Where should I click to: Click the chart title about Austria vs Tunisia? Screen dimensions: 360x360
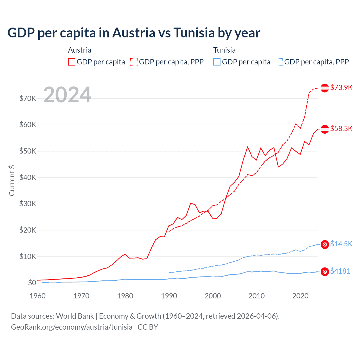pos(134,33)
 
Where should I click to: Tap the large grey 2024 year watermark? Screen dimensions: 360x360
pos(67,95)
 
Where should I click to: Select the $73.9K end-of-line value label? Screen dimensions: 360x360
pos(341,87)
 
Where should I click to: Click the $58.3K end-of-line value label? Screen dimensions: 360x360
pos(341,129)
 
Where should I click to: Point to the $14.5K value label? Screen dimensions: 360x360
pos(341,244)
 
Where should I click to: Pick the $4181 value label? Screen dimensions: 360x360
pos(340,271)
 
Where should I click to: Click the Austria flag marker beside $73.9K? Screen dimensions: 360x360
pos(325,88)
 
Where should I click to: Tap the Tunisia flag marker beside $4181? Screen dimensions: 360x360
pos(325,271)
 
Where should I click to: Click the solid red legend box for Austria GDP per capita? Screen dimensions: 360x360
pos(72,62)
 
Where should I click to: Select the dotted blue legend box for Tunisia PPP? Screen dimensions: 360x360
pos(279,62)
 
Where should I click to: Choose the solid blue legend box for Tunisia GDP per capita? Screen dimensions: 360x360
pos(217,62)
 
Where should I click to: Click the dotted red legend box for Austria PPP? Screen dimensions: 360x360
pos(134,62)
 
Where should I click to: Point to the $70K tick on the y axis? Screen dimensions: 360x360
pos(28,98)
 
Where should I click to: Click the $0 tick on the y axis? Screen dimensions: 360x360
pos(32,283)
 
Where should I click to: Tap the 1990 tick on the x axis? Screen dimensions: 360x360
pos(169,296)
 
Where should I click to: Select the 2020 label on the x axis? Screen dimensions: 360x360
pos(300,296)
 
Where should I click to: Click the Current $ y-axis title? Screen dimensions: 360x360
pos(12,180)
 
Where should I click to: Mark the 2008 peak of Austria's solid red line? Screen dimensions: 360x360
pos(248,147)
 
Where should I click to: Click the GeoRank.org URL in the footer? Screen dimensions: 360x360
pos(72,327)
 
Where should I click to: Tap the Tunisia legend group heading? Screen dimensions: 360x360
pos(224,50)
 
